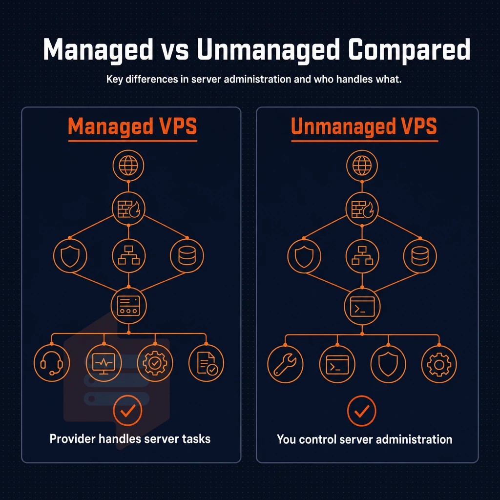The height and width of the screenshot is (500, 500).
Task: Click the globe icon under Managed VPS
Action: point(128,166)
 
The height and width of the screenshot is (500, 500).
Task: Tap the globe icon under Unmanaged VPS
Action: point(362,166)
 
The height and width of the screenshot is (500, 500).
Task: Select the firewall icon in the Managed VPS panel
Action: point(128,209)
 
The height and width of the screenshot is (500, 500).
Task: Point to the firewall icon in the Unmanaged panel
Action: point(362,209)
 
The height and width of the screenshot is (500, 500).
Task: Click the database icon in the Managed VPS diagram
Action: point(187,256)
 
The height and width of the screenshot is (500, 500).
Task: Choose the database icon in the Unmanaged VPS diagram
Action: point(420,256)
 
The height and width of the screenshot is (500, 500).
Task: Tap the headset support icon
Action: point(51,363)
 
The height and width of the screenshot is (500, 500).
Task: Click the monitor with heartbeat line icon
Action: point(104,363)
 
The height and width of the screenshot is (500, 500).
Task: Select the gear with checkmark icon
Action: point(155,363)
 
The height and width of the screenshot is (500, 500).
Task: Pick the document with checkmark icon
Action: point(206,363)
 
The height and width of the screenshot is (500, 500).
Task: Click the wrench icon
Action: point(285,364)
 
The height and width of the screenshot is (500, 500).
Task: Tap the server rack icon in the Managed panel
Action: point(128,306)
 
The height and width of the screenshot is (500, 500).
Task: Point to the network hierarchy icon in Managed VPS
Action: point(128,256)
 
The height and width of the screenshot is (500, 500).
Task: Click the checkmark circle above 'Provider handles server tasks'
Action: point(127,410)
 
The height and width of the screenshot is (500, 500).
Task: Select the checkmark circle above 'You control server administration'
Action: point(362,411)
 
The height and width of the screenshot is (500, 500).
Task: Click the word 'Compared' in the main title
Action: point(409,50)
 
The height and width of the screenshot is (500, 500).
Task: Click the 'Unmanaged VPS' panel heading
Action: point(364,126)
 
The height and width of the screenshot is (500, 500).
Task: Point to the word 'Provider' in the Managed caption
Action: point(72,439)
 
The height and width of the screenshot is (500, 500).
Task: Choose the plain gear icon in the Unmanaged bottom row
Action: point(439,364)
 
